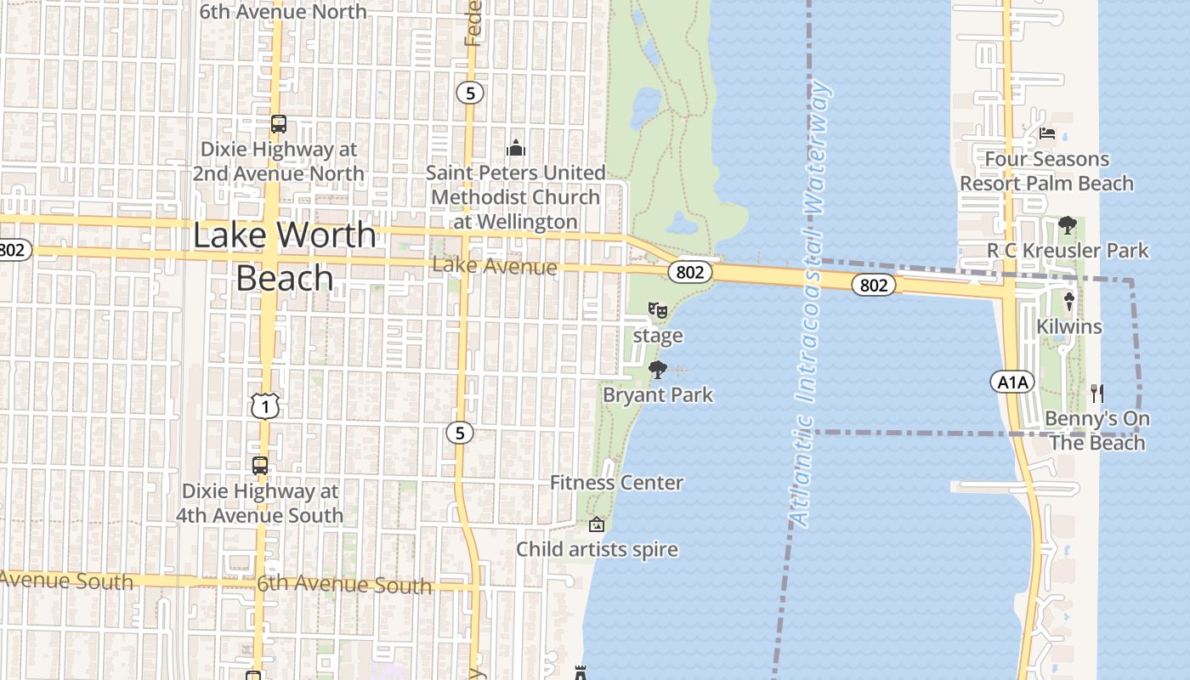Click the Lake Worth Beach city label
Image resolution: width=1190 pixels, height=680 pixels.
285,256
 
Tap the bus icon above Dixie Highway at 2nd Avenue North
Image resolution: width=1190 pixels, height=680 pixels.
279,124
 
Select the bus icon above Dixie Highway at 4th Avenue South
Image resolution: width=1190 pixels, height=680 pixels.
260,466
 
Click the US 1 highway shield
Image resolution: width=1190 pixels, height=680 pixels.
265,406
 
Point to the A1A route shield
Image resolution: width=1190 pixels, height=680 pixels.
1012,382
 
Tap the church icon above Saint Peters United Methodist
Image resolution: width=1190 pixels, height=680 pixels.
516,149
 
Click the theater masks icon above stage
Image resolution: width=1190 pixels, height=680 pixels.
657,310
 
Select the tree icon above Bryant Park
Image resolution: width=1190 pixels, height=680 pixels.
657,370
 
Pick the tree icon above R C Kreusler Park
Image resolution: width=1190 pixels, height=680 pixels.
1068,226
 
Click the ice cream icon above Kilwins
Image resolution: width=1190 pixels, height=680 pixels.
1069,301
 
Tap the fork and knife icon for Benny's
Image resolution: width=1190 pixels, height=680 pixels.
1097,393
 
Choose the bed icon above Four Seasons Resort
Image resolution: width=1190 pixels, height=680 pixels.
1047,133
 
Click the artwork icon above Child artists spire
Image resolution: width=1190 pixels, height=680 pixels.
597,524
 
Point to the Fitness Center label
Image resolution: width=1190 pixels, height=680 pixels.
616,483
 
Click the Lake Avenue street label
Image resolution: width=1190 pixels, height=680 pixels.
495,266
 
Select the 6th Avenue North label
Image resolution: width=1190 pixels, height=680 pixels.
282,11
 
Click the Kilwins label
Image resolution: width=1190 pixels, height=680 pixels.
1069,326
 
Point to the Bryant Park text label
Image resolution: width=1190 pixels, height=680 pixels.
658,395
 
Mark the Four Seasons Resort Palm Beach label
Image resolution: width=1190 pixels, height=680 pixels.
1047,171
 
